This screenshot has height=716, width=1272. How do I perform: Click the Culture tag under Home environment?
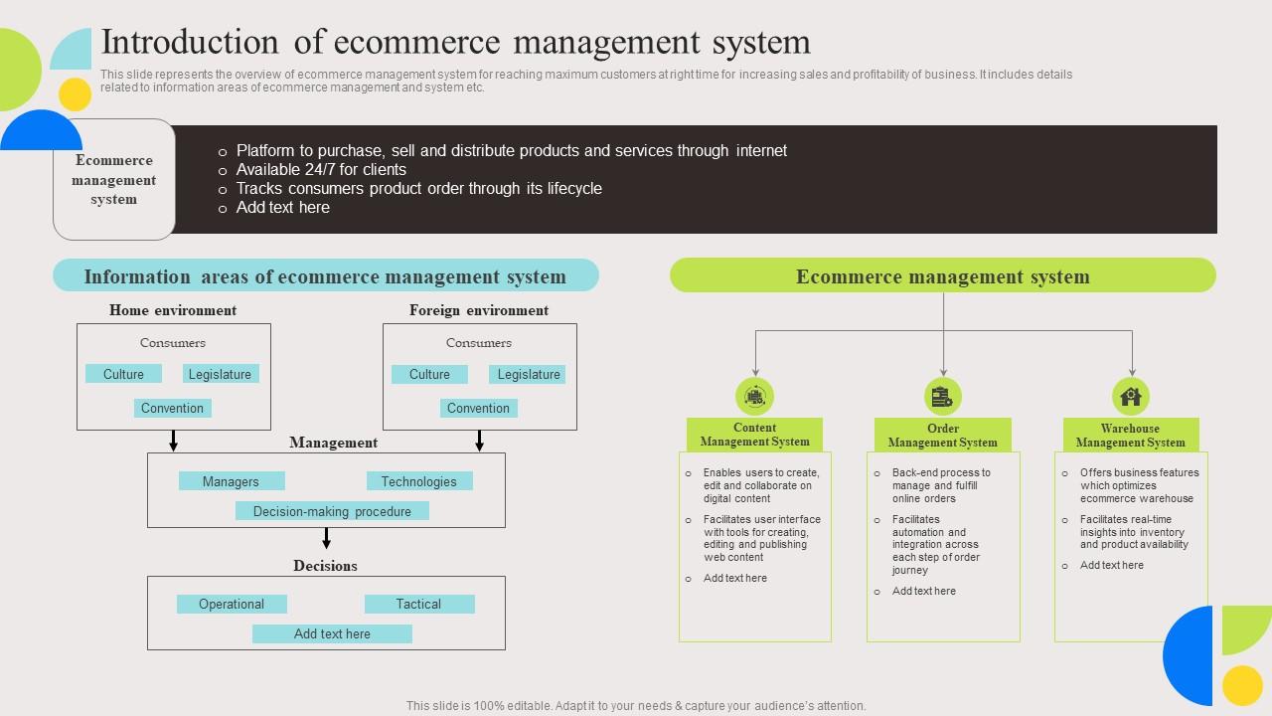click(124, 374)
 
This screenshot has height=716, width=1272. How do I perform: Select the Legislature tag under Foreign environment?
click(528, 374)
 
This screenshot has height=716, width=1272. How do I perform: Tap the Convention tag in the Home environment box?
click(172, 408)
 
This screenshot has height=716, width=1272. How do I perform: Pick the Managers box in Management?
click(231, 481)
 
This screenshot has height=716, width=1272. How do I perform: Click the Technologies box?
click(418, 481)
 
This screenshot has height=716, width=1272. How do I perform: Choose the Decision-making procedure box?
click(332, 511)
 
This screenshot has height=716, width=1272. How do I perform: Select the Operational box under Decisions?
click(232, 604)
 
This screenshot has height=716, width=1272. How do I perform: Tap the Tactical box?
click(418, 604)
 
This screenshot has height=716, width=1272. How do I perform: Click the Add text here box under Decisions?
click(332, 633)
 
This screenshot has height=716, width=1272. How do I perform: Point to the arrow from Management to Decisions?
click(326, 538)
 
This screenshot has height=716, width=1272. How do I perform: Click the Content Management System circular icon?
click(755, 397)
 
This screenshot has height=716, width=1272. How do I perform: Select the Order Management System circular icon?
click(943, 397)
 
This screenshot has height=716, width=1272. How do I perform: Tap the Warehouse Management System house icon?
click(1131, 397)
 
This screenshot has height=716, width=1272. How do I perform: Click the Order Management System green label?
click(943, 436)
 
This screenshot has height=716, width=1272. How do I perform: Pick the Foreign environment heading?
click(479, 310)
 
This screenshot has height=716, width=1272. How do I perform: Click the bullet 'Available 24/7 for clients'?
click(321, 169)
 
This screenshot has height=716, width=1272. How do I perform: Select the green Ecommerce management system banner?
click(942, 276)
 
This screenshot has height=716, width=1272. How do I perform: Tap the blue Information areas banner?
click(325, 276)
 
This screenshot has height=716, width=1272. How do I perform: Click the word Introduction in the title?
click(190, 43)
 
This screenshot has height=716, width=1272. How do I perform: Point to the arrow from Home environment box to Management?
click(174, 441)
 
